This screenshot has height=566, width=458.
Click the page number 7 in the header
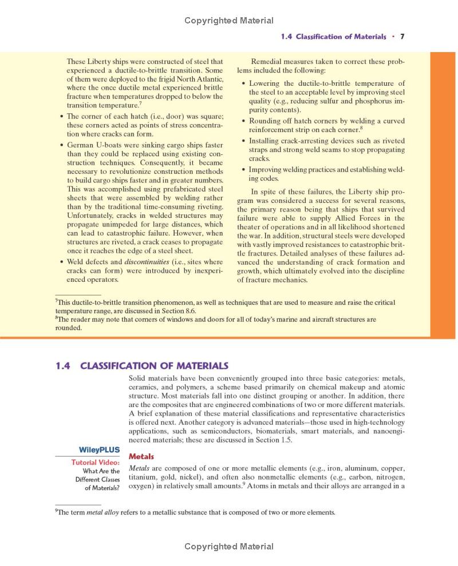[x=402, y=37]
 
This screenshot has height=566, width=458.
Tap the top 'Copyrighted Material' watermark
[x=228, y=21]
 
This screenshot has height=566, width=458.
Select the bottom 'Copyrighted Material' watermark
[x=228, y=547]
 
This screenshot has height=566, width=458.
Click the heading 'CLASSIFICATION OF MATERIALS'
[x=154, y=366]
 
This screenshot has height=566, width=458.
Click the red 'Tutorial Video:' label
[x=95, y=462]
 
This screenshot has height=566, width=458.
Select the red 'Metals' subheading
[x=141, y=456]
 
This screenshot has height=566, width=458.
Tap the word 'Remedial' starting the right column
[x=266, y=61]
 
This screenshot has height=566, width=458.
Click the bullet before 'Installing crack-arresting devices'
[x=243, y=141]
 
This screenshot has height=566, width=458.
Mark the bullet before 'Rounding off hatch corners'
[x=243, y=121]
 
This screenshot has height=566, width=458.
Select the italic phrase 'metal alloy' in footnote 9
[x=102, y=512]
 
